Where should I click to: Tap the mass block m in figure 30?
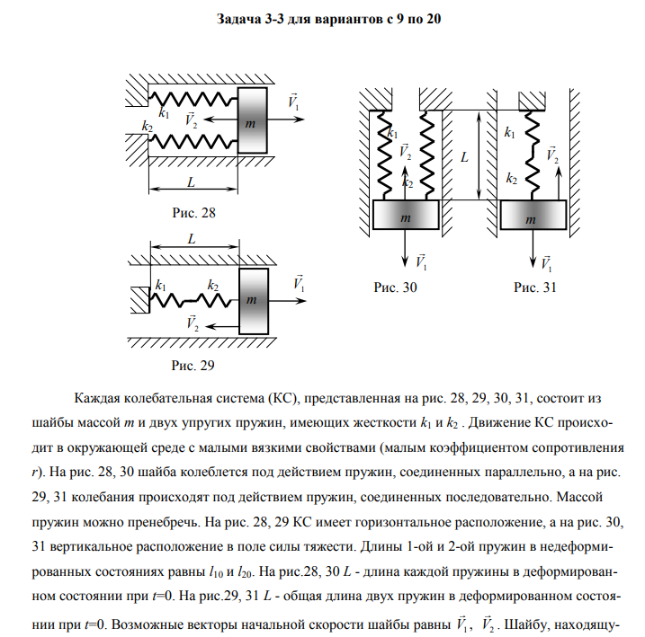[x=406, y=217]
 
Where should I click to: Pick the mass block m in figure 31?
[x=533, y=217]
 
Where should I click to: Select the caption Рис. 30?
[x=396, y=288]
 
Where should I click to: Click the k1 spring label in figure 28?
[x=163, y=113]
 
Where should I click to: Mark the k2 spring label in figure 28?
[x=148, y=128]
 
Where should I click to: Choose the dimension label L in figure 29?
[x=193, y=240]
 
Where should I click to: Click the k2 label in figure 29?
[x=213, y=285]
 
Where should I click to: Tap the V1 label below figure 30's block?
[x=421, y=261]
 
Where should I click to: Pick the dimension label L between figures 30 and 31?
[x=464, y=156]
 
